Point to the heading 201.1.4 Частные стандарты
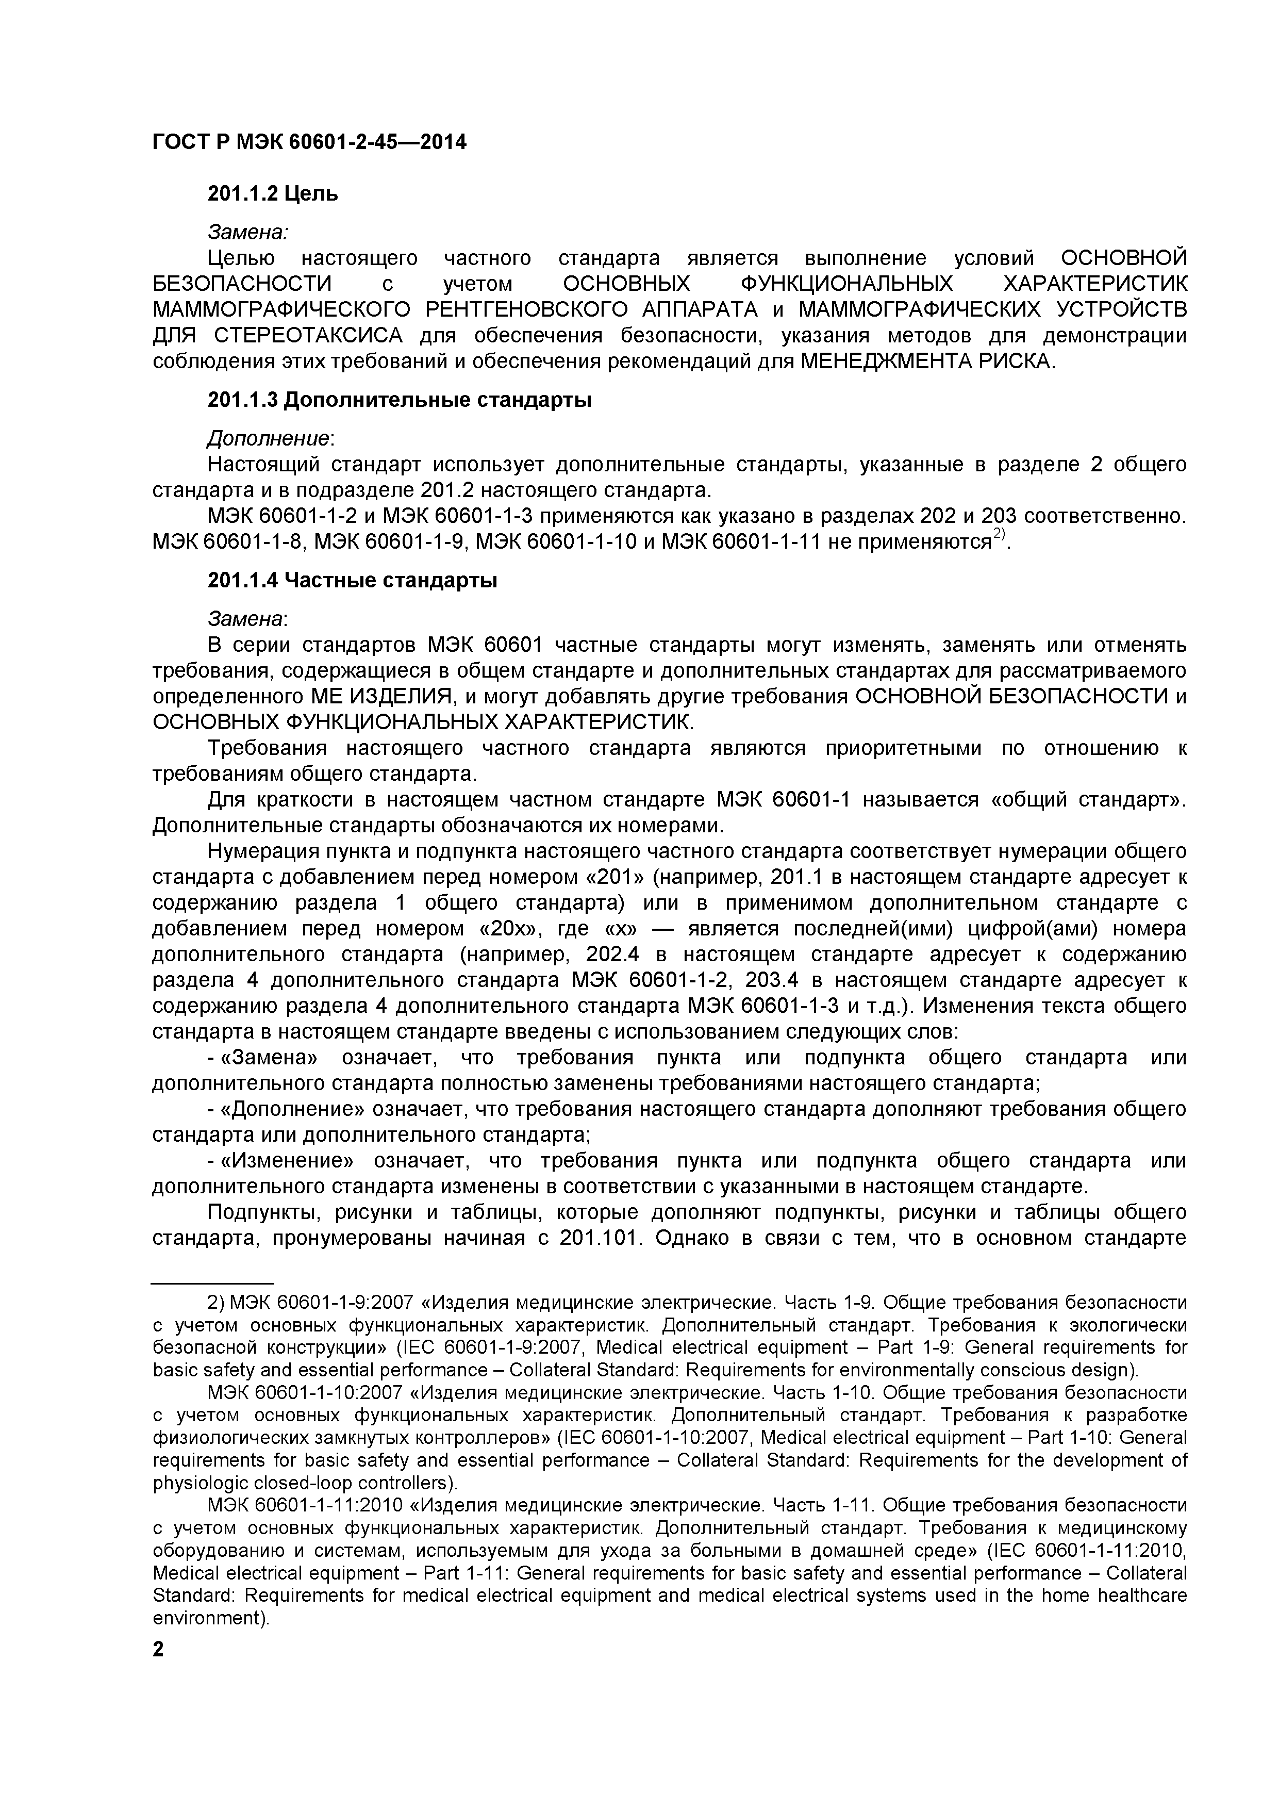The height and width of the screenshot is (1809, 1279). pos(352,582)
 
